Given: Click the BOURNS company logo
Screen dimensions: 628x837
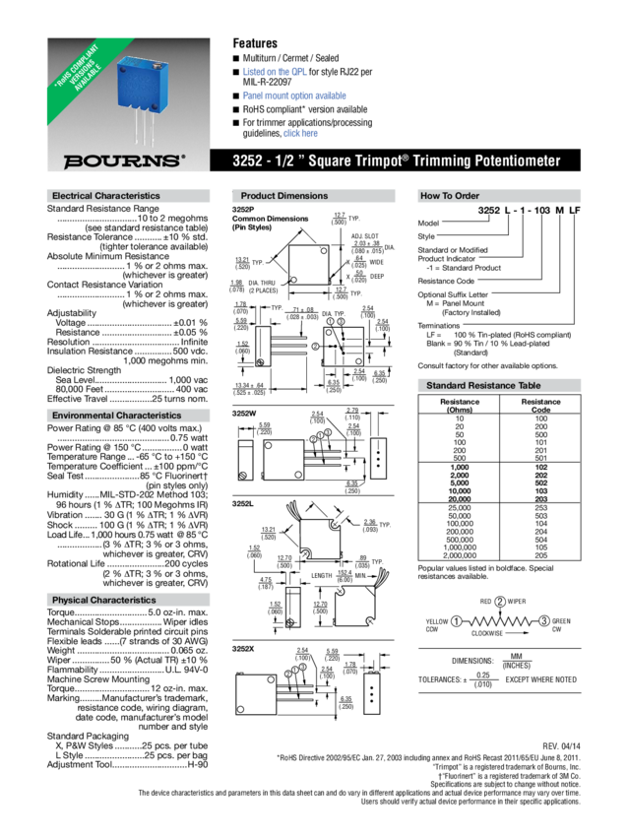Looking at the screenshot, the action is coord(123,161).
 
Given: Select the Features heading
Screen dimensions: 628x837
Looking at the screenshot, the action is coord(254,43).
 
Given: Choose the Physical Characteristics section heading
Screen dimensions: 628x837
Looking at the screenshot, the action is coord(103,600).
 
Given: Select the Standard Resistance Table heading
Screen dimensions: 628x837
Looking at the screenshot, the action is coord(482,385).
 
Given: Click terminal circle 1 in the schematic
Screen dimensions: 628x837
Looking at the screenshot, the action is coord(456,621).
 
